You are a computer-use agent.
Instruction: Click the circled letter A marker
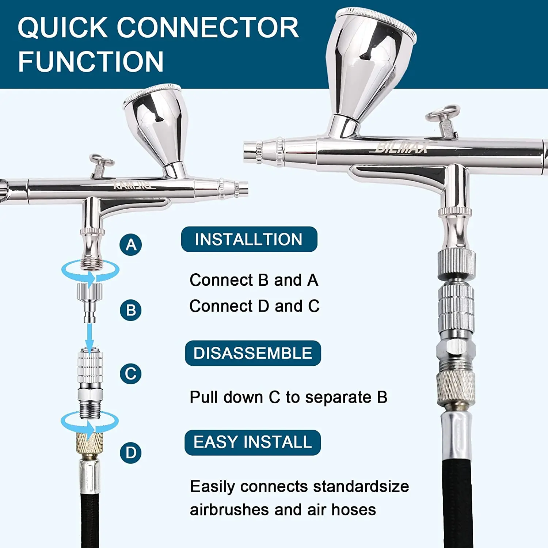[x=131, y=244]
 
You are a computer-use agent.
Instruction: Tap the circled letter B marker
[x=131, y=310]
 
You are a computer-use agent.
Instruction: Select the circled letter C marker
[x=131, y=373]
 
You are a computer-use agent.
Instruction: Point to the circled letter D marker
[x=131, y=453]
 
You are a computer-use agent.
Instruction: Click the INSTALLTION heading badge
[x=249, y=239]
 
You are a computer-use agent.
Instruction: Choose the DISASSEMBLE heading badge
[x=253, y=353]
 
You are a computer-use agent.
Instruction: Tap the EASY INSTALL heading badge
[x=252, y=442]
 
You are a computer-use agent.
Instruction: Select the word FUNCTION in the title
[x=91, y=61]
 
